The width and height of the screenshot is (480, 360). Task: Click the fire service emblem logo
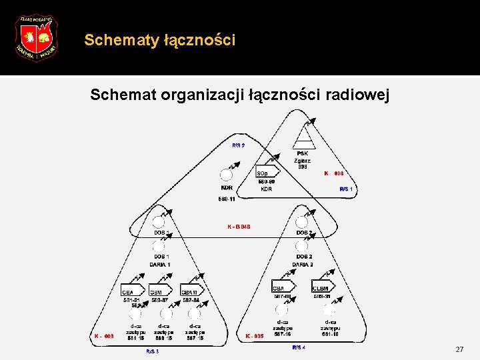pyautogui.click(x=35, y=37)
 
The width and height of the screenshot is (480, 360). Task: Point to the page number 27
pyautogui.click(x=459, y=349)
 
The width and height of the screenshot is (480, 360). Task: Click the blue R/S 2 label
pyautogui.click(x=238, y=145)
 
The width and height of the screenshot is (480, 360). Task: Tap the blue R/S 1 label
pyautogui.click(x=346, y=189)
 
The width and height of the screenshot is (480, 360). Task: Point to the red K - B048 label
pyautogui.click(x=239, y=227)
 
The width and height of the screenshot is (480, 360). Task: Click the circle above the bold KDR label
pyautogui.click(x=227, y=175)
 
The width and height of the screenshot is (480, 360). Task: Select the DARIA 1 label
pyautogui.click(x=160, y=265)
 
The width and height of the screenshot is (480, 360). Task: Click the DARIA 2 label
pyautogui.click(x=303, y=265)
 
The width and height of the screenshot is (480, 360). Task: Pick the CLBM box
pyautogui.click(x=323, y=287)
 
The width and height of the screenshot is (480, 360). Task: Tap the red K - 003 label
pyautogui.click(x=104, y=337)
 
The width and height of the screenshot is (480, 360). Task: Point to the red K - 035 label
pyautogui.click(x=255, y=337)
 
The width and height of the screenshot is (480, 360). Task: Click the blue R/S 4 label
pyautogui.click(x=299, y=347)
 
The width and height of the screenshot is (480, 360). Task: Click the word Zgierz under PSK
pyautogui.click(x=303, y=160)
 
